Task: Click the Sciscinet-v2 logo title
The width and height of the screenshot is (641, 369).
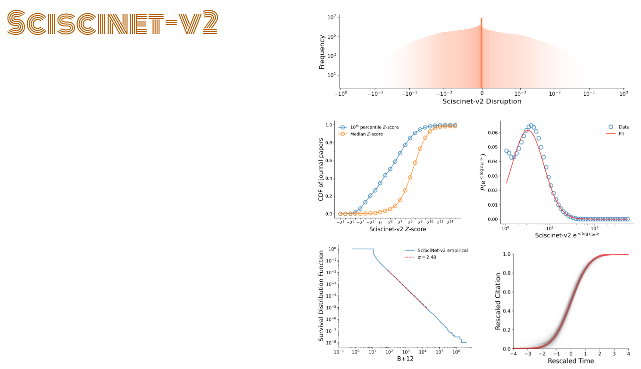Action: [x=112, y=23]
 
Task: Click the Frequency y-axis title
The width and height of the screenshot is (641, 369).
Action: [x=322, y=51]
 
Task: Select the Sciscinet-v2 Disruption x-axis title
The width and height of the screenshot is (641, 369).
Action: [x=482, y=101]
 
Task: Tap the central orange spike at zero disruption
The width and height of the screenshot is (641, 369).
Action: [x=481, y=52]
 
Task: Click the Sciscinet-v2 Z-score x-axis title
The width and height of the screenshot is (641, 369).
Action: [x=397, y=229]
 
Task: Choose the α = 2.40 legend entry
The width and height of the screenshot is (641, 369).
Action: [x=426, y=258]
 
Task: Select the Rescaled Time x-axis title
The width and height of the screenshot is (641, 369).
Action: [x=571, y=361]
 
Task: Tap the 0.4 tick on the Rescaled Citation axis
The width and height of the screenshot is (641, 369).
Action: [x=506, y=311]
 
